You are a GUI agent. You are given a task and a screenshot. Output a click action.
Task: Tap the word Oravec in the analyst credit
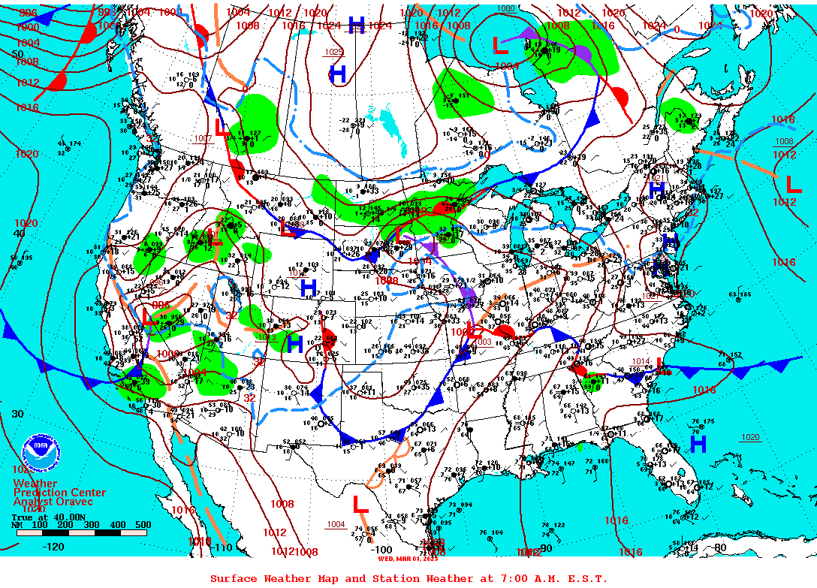tap(74, 502)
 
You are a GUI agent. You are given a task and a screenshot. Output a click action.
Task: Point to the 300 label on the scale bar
tap(91, 524)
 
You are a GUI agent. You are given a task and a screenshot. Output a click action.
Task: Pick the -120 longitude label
tap(53, 547)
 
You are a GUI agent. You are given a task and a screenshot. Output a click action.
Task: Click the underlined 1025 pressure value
tap(334, 52)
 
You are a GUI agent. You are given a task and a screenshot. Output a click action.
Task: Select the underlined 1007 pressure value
tap(203, 139)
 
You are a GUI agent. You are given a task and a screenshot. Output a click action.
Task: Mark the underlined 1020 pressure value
tap(750, 437)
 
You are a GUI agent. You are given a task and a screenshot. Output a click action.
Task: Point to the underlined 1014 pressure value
tap(641, 361)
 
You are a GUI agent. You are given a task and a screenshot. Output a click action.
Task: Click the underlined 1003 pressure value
tap(484, 342)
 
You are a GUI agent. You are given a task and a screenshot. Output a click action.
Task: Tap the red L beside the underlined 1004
tap(360, 504)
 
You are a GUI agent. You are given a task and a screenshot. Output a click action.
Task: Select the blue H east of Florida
tap(698, 445)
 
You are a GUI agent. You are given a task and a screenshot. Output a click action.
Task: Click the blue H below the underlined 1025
tap(338, 74)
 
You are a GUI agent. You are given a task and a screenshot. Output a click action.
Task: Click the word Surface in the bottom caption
tap(233, 578)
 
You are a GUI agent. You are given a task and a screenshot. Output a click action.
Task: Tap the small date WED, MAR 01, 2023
tap(408, 559)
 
